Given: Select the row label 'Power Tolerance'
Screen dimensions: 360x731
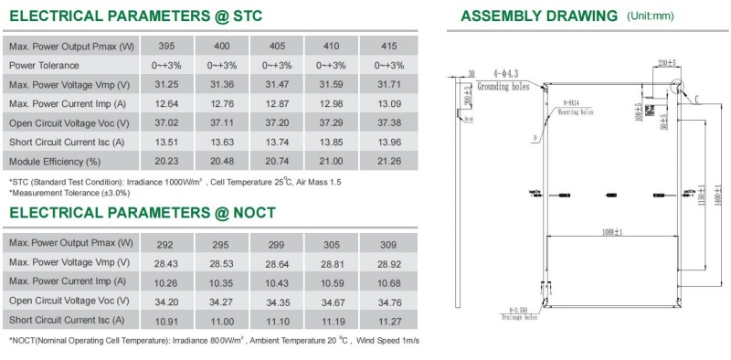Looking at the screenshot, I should click(44, 65).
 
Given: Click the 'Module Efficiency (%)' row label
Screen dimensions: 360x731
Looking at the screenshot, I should click(55, 162).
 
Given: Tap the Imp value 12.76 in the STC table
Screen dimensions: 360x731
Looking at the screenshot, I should click(221, 103).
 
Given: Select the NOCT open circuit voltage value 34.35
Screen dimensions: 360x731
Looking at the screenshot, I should click(277, 301).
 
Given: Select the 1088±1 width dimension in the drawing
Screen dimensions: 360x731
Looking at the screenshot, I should click(608, 232).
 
